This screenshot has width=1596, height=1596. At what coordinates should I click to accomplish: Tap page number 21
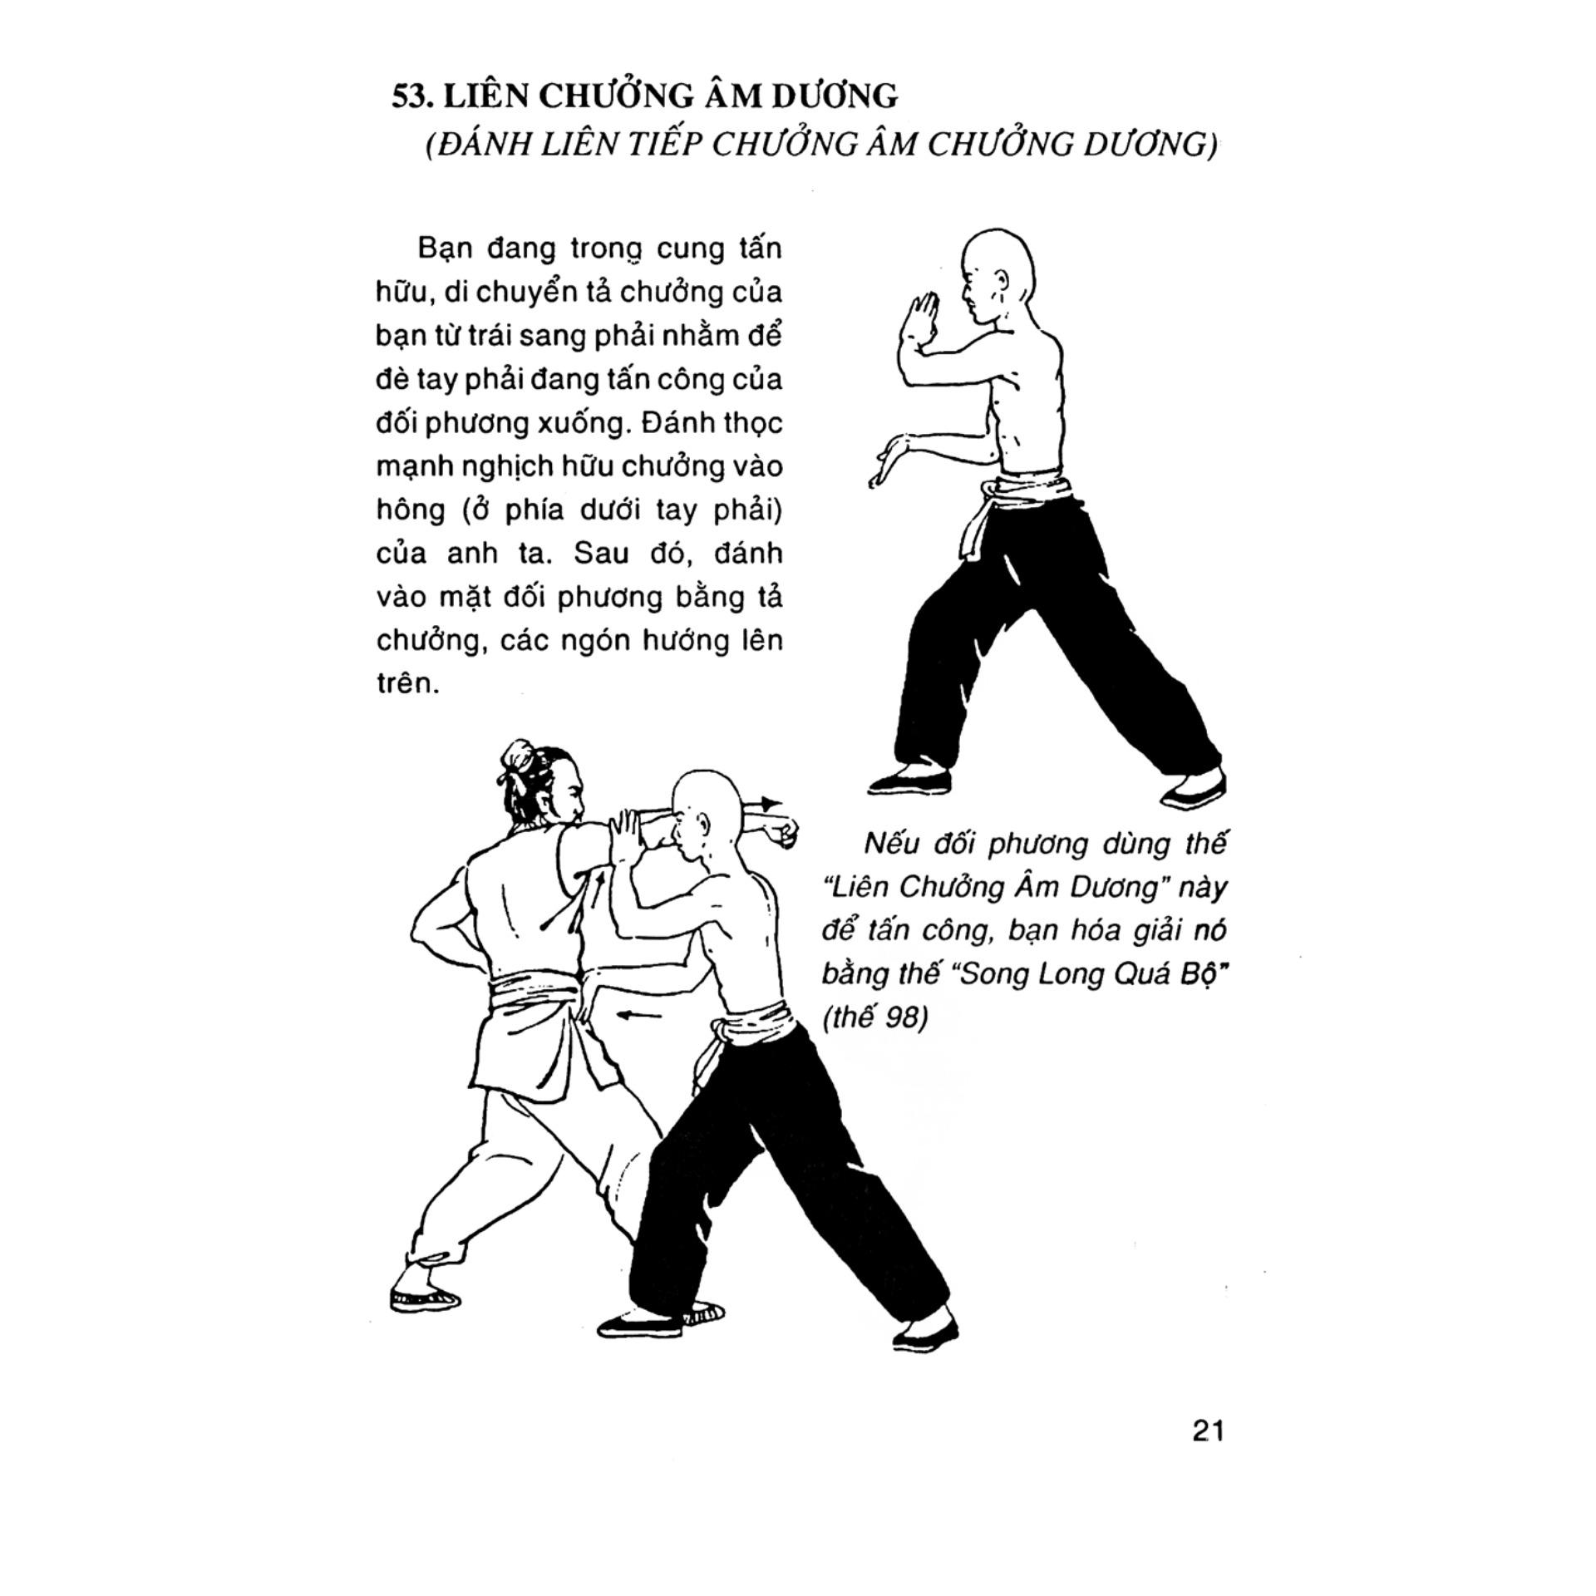[1208, 1431]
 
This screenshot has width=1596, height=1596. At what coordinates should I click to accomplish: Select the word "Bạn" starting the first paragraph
[446, 249]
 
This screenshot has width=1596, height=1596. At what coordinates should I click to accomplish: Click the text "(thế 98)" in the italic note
[874, 1017]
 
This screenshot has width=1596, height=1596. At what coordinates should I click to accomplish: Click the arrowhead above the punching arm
[771, 804]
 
